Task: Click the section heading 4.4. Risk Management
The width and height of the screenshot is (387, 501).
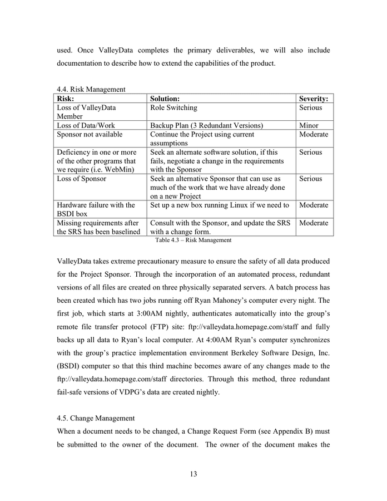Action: click(91, 89)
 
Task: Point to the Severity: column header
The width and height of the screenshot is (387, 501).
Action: click(313, 99)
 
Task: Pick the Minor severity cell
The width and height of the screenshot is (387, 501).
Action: click(309, 125)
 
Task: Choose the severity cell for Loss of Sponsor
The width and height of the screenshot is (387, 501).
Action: click(310, 179)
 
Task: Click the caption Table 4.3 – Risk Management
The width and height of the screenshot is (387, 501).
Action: click(193, 240)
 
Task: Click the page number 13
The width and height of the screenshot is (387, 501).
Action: click(193, 474)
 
